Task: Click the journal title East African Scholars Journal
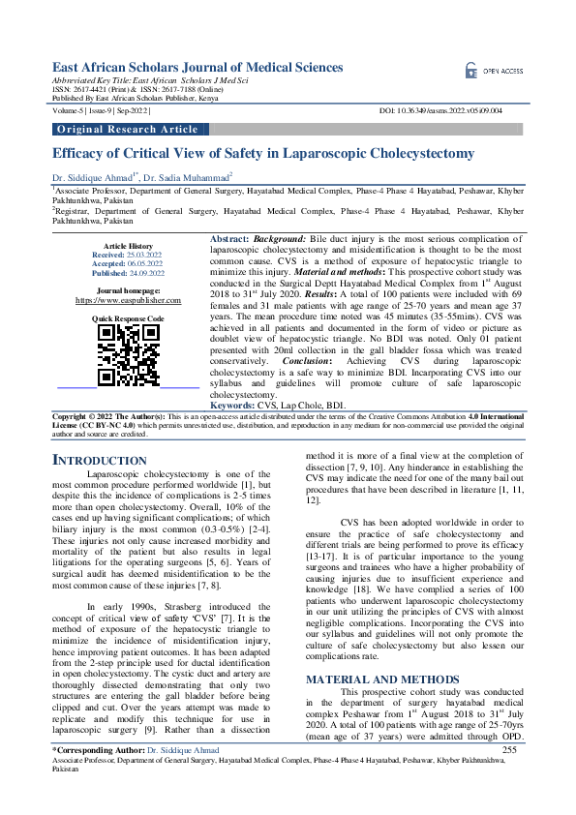click(197, 67)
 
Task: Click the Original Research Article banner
click(128, 129)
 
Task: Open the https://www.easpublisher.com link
click(128, 300)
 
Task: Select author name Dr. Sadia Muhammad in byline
click(190, 178)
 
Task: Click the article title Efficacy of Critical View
click(262, 153)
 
